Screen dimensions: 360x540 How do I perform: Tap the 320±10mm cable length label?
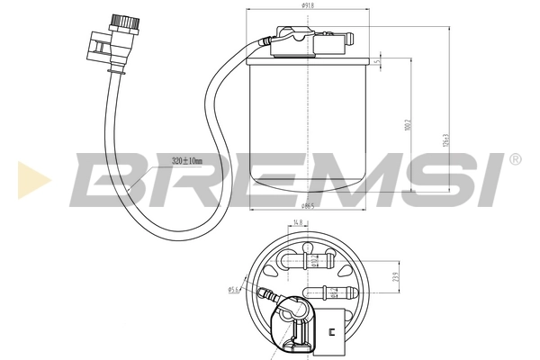(188, 160)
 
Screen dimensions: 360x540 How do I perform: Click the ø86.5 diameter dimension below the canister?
(307, 206)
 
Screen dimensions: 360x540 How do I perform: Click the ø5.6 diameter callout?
(232, 289)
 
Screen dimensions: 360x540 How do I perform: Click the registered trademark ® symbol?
(515, 160)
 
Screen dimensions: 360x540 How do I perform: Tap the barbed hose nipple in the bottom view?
(266, 293)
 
